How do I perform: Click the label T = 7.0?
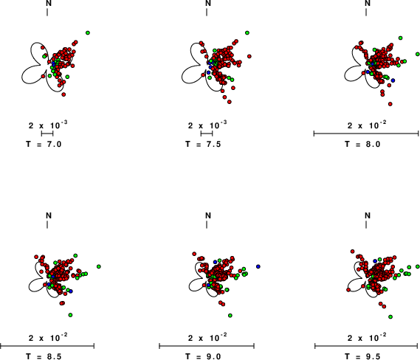(x=44, y=145)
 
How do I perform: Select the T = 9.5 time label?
(x=363, y=356)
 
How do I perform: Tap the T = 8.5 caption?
(x=44, y=356)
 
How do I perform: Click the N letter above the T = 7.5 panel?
(x=208, y=3)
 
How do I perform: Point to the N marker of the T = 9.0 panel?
(x=208, y=215)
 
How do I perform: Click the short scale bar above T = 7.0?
(x=47, y=134)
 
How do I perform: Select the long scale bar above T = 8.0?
(x=366, y=134)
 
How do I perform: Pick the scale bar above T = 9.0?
(x=207, y=346)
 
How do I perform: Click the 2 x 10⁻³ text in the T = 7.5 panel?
(x=207, y=125)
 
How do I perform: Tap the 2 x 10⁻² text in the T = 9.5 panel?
(x=367, y=338)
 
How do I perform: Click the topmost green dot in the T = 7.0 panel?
(x=88, y=33)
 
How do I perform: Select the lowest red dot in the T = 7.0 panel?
(x=63, y=94)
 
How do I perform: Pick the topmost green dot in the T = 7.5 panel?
(x=247, y=33)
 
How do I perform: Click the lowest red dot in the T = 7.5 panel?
(x=230, y=102)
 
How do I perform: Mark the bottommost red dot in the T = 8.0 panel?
(x=390, y=104)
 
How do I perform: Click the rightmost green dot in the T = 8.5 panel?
(x=99, y=266)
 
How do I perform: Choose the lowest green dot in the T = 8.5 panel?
(x=70, y=315)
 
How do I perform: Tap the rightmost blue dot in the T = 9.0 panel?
(x=258, y=266)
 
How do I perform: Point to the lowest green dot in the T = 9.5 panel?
(x=390, y=317)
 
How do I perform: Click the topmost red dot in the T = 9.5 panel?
(x=353, y=252)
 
